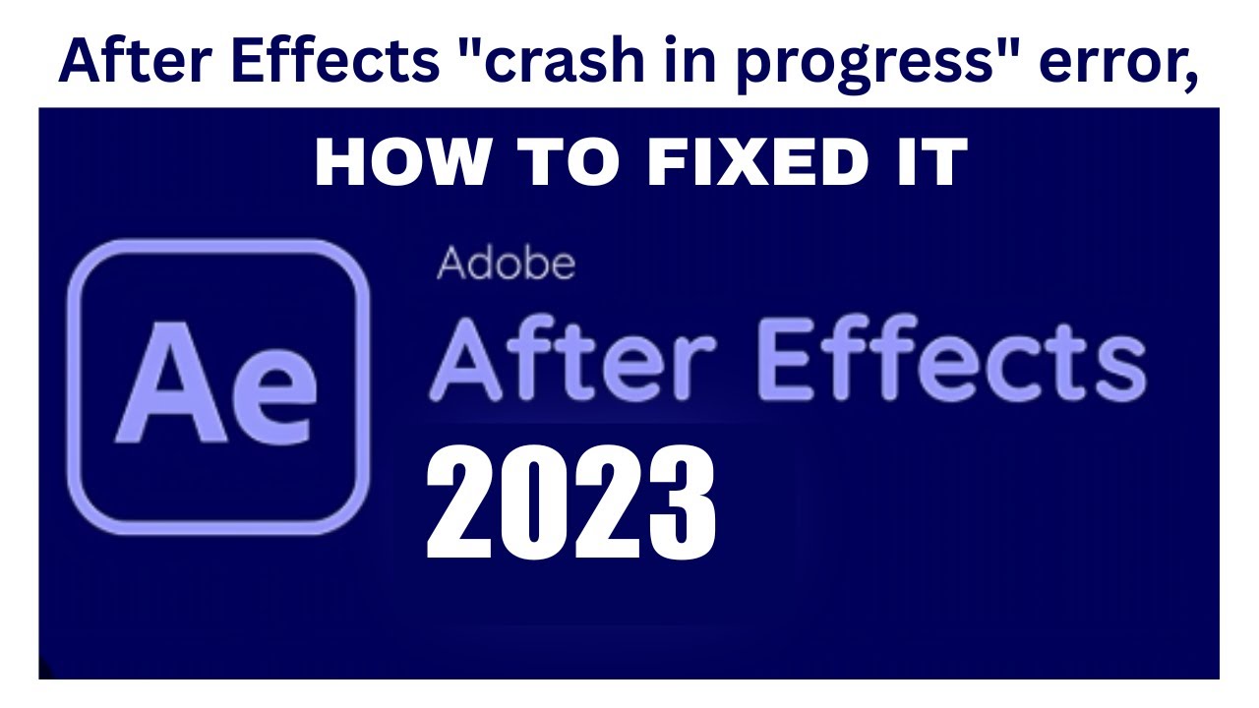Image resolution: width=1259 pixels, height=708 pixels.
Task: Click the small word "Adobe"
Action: (x=506, y=263)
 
